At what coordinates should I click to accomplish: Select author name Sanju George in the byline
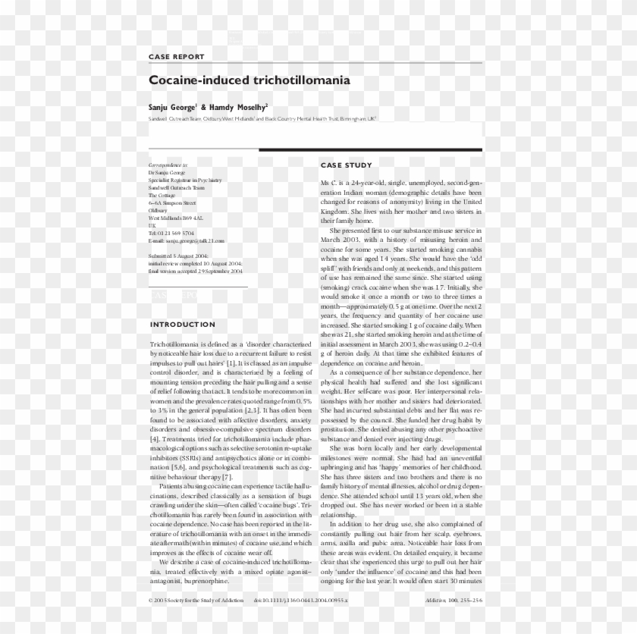point(172,108)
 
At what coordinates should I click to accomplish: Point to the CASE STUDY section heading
point(346,165)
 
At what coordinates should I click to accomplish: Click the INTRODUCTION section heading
point(183,325)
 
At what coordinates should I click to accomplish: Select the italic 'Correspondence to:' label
point(168,165)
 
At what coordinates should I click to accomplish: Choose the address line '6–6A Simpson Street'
point(172,202)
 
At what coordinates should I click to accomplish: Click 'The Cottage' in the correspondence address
point(162,195)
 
